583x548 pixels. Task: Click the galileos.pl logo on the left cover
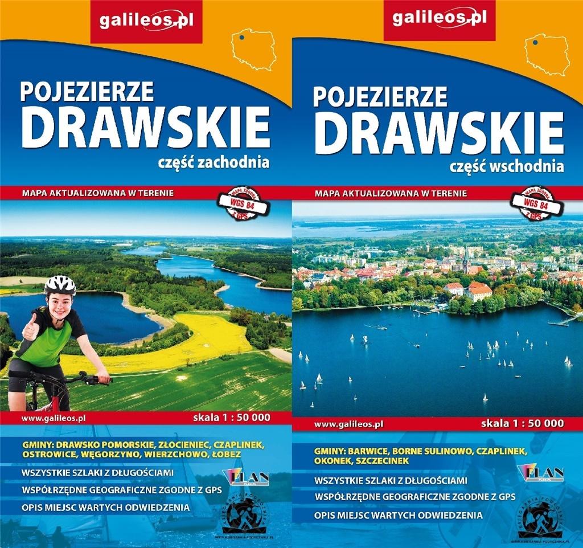[147, 21]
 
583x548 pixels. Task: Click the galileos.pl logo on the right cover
[440, 19]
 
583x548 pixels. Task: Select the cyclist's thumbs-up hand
[30, 326]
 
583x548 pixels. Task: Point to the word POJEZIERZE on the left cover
[87, 91]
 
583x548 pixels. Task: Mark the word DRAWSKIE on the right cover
[438, 133]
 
